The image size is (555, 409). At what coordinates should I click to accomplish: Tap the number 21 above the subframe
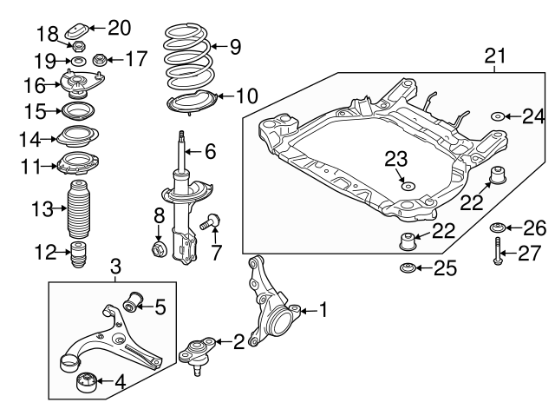coord(493,57)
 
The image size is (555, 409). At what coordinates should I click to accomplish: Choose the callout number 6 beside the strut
coord(210,151)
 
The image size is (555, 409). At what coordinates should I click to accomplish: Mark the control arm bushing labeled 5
coord(133,303)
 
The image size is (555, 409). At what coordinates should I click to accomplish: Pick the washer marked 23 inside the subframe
coord(407,184)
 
